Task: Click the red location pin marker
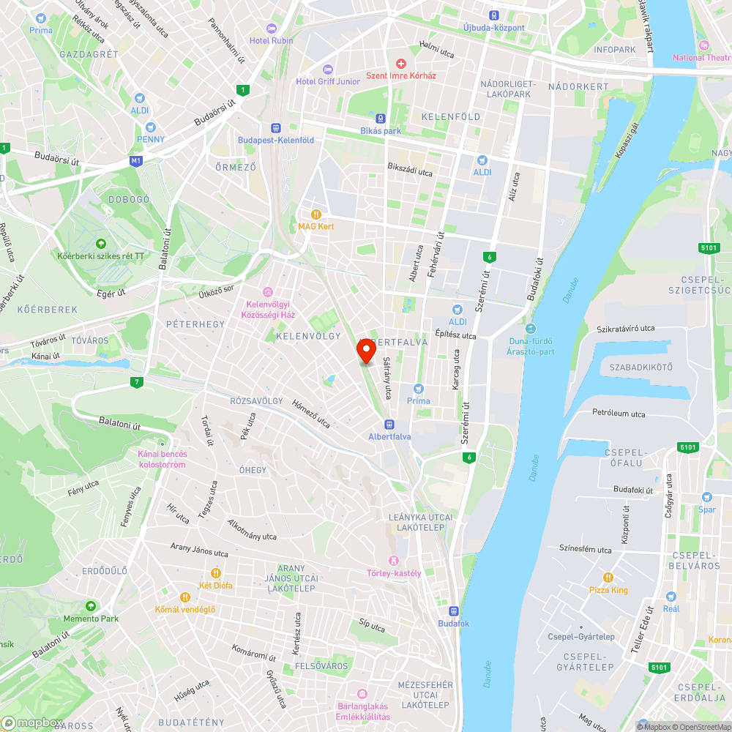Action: pos(365,351)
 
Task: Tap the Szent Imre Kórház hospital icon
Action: pos(400,64)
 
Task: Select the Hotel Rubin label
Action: pos(271,40)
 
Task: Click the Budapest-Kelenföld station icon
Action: pos(276,127)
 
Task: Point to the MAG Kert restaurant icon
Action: pos(315,214)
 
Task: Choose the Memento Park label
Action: pos(90,619)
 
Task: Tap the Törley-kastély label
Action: pos(394,573)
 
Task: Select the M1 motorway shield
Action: pos(135,160)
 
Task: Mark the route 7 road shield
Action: pos(137,381)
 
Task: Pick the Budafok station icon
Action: pos(453,611)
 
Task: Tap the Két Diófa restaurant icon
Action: pos(215,573)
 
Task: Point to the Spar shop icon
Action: pos(707,497)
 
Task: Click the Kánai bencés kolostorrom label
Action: pos(163,459)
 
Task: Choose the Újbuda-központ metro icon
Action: pos(494,15)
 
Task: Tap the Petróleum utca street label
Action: pos(619,414)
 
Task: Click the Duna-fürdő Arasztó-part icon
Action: pos(530,329)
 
